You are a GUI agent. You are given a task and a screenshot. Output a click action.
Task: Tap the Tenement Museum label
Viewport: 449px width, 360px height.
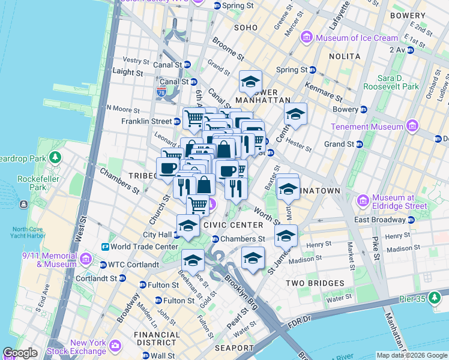pos(366,127)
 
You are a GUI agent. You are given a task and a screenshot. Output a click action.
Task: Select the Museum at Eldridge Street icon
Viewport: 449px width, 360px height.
pos(363,200)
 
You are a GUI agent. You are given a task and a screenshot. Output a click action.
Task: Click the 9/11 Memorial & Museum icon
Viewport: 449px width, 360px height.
pos(86,259)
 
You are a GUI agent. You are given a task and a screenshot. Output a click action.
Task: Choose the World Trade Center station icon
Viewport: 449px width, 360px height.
pos(105,247)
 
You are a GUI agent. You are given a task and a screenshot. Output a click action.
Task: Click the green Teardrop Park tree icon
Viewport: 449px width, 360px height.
pos(55,158)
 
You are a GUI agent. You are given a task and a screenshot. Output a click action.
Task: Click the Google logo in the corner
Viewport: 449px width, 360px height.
pos(20,353)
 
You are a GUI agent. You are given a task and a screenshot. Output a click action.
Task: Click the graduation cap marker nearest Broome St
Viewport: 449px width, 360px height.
pos(250,82)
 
